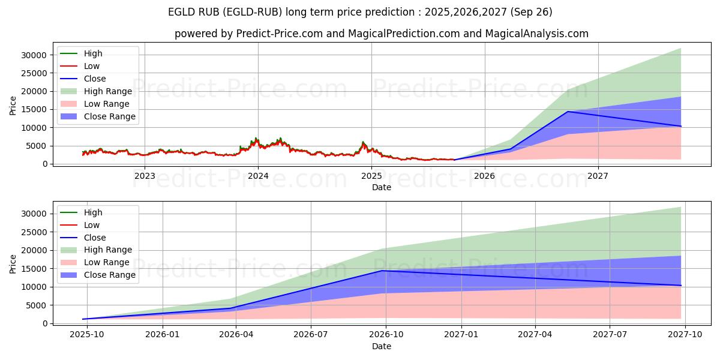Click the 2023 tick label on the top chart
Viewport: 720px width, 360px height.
click(145, 176)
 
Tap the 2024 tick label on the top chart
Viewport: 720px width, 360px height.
click(258, 176)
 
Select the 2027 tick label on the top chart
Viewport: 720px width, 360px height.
click(598, 176)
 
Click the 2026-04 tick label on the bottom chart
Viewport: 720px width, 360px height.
click(236, 335)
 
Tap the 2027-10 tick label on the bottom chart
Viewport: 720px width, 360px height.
click(684, 335)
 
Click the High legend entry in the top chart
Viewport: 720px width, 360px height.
click(93, 53)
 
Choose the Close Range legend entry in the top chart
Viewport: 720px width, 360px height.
click(109, 116)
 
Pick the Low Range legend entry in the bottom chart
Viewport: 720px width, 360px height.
click(107, 262)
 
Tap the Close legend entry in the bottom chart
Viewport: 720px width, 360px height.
click(95, 238)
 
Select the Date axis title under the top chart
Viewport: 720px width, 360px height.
click(382, 187)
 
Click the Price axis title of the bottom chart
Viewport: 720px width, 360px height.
click(13, 263)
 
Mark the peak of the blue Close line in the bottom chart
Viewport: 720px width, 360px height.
click(383, 271)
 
